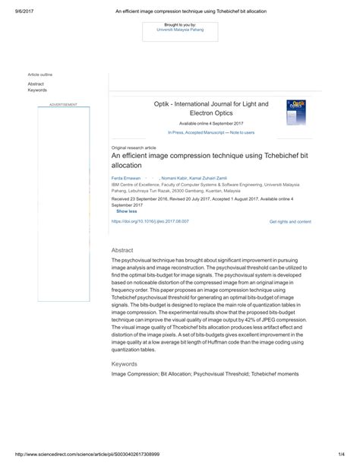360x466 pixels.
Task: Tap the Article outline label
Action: pyautogui.click(x=40, y=74)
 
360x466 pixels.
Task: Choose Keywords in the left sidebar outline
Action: pyautogui.click(x=37, y=90)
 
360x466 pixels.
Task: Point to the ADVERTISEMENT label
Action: pyautogui.click(x=63, y=103)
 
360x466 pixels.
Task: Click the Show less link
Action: pyautogui.click(x=127, y=211)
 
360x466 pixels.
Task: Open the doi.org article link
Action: pyautogui.click(x=150, y=221)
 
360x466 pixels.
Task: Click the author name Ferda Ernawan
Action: pyautogui.click(x=126, y=177)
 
